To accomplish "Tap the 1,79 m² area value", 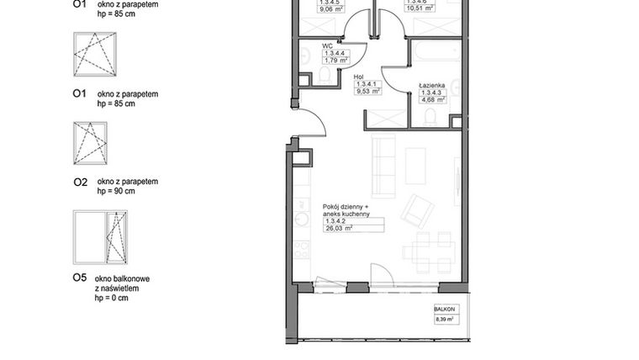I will point(337,61).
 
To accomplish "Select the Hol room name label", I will point(358,77).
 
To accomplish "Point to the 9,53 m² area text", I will point(368,93).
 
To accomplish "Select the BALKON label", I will point(445,310).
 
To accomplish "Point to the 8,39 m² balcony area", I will point(445,319).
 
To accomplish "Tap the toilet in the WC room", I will point(325,76).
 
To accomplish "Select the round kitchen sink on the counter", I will point(301,218).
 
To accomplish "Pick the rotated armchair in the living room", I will point(416,210).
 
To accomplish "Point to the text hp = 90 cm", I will point(116,191).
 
